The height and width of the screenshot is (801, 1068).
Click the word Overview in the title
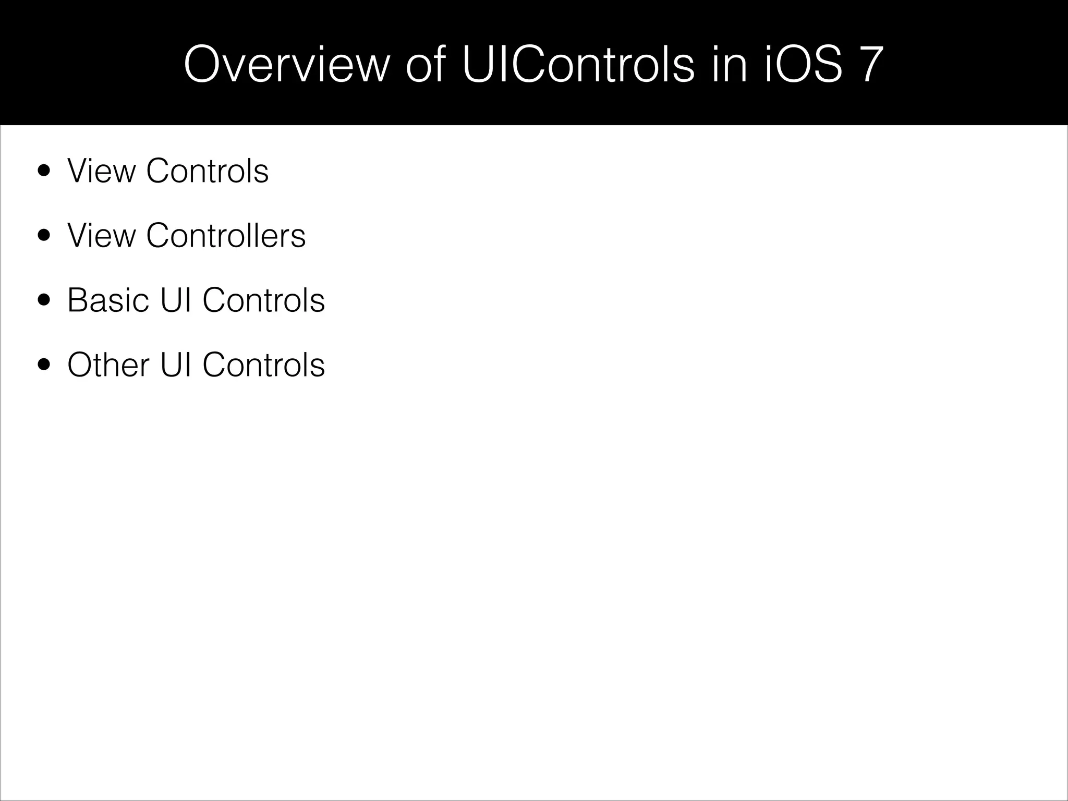[x=287, y=65]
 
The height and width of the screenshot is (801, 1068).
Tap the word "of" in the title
[x=425, y=65]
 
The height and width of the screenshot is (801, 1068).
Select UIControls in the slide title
[x=578, y=65]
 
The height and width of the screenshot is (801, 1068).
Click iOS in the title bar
[x=803, y=65]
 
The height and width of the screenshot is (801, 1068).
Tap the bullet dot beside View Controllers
[x=44, y=235]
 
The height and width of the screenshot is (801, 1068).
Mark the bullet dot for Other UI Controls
[x=44, y=365]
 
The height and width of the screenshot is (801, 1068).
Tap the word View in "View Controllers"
[x=101, y=235]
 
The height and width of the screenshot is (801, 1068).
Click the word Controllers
[x=226, y=235]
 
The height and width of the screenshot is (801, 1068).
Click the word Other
[x=108, y=365]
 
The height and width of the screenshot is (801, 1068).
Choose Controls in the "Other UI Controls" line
[x=263, y=365]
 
